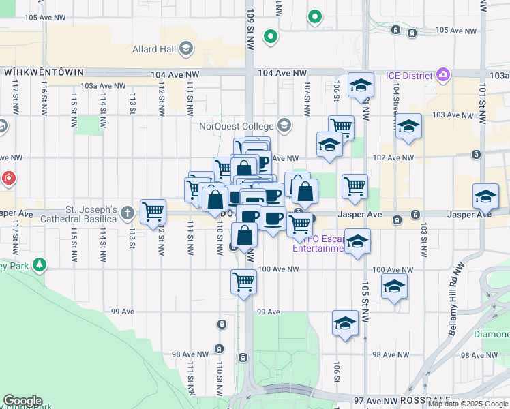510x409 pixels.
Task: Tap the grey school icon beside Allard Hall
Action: tap(186, 48)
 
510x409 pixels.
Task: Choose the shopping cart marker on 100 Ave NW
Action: tap(243, 281)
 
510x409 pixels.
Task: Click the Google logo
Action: tap(22, 401)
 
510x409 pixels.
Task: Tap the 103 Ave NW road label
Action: tap(448, 114)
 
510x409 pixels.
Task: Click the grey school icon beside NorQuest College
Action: tap(284, 126)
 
